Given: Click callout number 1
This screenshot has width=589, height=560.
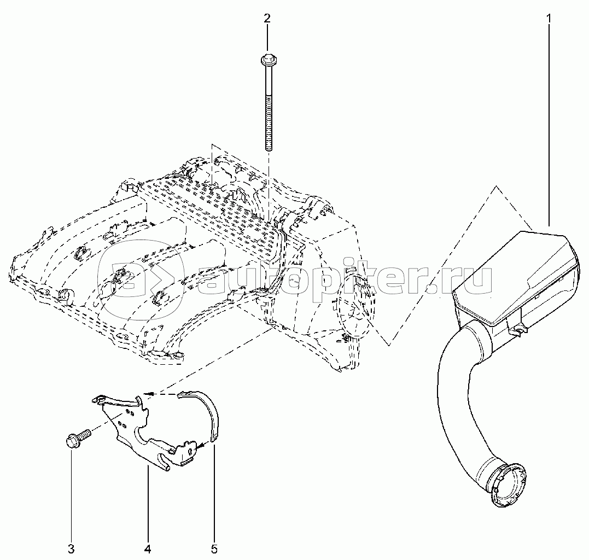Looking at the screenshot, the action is (x=549, y=17).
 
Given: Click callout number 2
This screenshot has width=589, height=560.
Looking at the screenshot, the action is (x=267, y=17).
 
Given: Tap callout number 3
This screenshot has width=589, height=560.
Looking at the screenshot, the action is (x=72, y=549).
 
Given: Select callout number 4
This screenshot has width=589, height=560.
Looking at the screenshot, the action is (x=148, y=549).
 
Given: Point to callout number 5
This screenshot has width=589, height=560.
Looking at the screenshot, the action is (x=214, y=549).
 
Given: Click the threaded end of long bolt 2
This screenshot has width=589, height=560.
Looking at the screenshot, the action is (x=268, y=124).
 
